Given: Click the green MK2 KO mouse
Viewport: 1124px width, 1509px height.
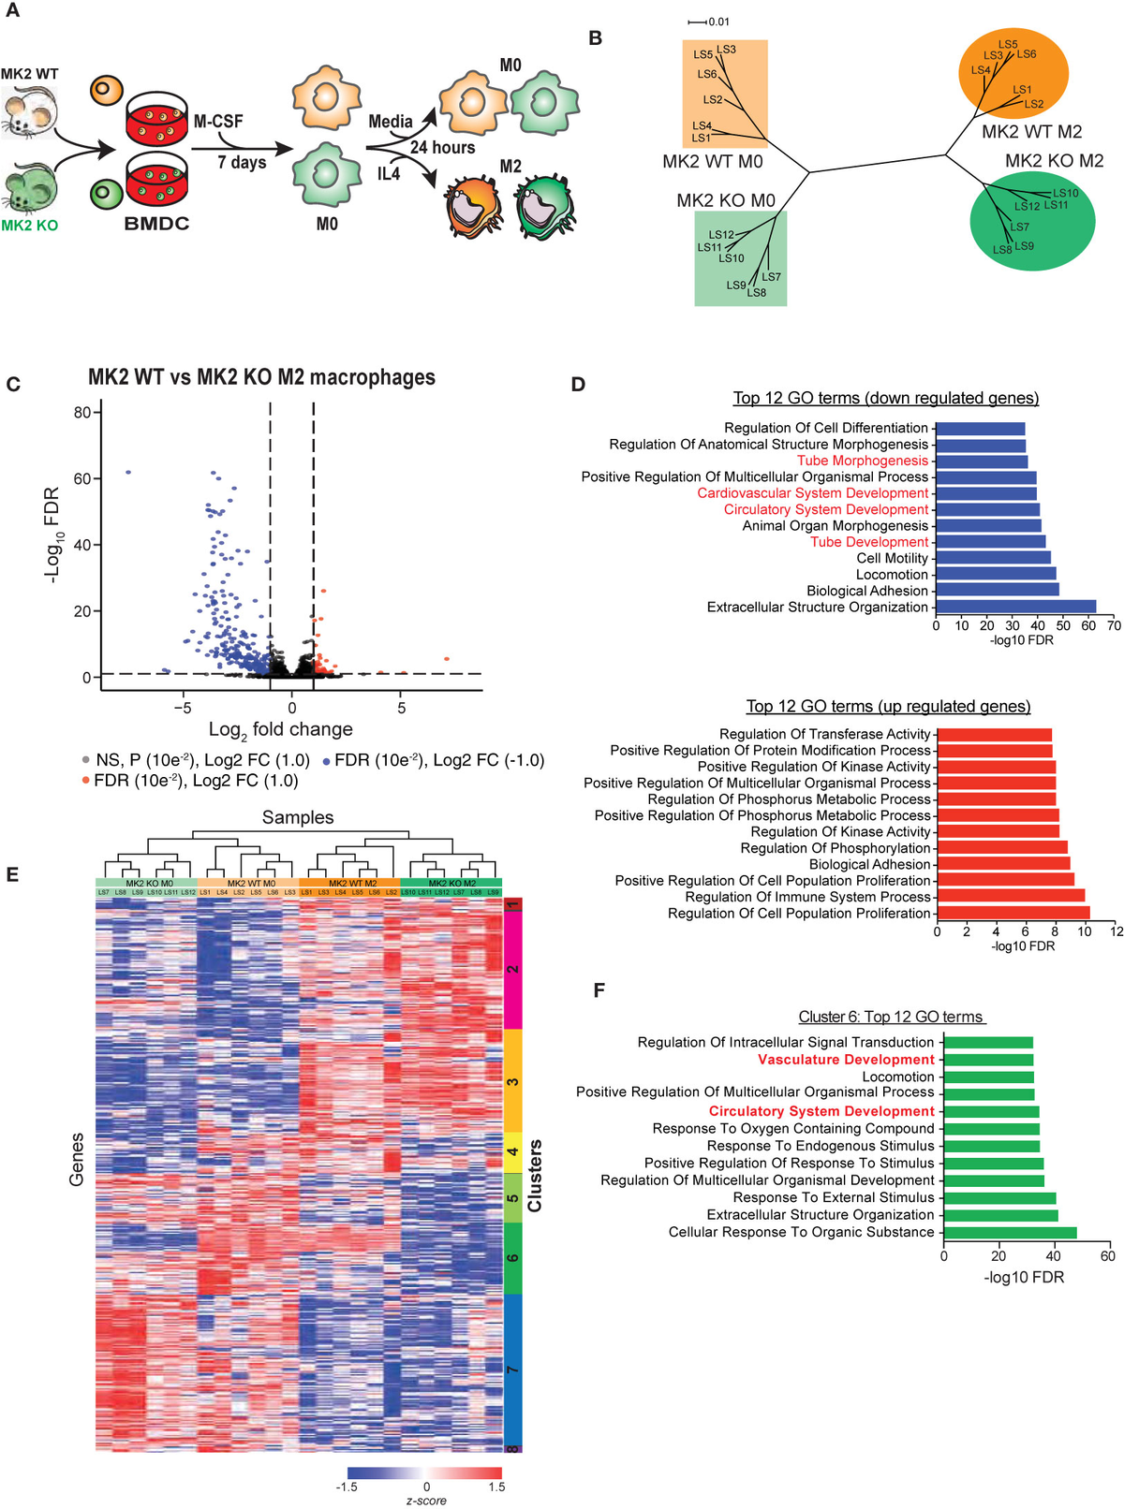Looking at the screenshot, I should tap(31, 187).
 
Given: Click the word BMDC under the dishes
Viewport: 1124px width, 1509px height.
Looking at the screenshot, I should tap(156, 225).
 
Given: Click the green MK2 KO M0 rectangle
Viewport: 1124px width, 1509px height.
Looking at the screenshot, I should tap(740, 258).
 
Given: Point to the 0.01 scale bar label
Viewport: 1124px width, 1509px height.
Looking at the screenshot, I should tap(718, 22).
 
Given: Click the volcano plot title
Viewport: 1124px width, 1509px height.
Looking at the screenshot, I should tap(261, 377).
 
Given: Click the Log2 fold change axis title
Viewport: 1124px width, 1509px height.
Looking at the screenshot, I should tap(280, 729).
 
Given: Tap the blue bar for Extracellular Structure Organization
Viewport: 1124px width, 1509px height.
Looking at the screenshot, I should tap(1015, 608).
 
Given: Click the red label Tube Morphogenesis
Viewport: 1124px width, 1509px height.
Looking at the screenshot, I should tap(863, 461).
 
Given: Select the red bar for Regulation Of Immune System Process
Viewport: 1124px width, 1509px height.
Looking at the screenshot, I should tap(1011, 897).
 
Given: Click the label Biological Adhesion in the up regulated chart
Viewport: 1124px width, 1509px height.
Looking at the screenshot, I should tap(869, 864).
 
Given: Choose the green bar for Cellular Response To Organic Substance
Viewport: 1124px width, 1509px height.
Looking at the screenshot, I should tap(1010, 1233).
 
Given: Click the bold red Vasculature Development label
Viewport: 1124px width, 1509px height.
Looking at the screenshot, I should tap(846, 1060).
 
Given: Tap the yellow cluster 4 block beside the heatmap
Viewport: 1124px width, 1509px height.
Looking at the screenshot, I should tap(512, 1152).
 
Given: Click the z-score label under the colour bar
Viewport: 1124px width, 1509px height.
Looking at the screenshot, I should tap(426, 1501).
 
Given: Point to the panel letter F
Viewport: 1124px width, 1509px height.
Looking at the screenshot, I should tap(599, 990).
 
